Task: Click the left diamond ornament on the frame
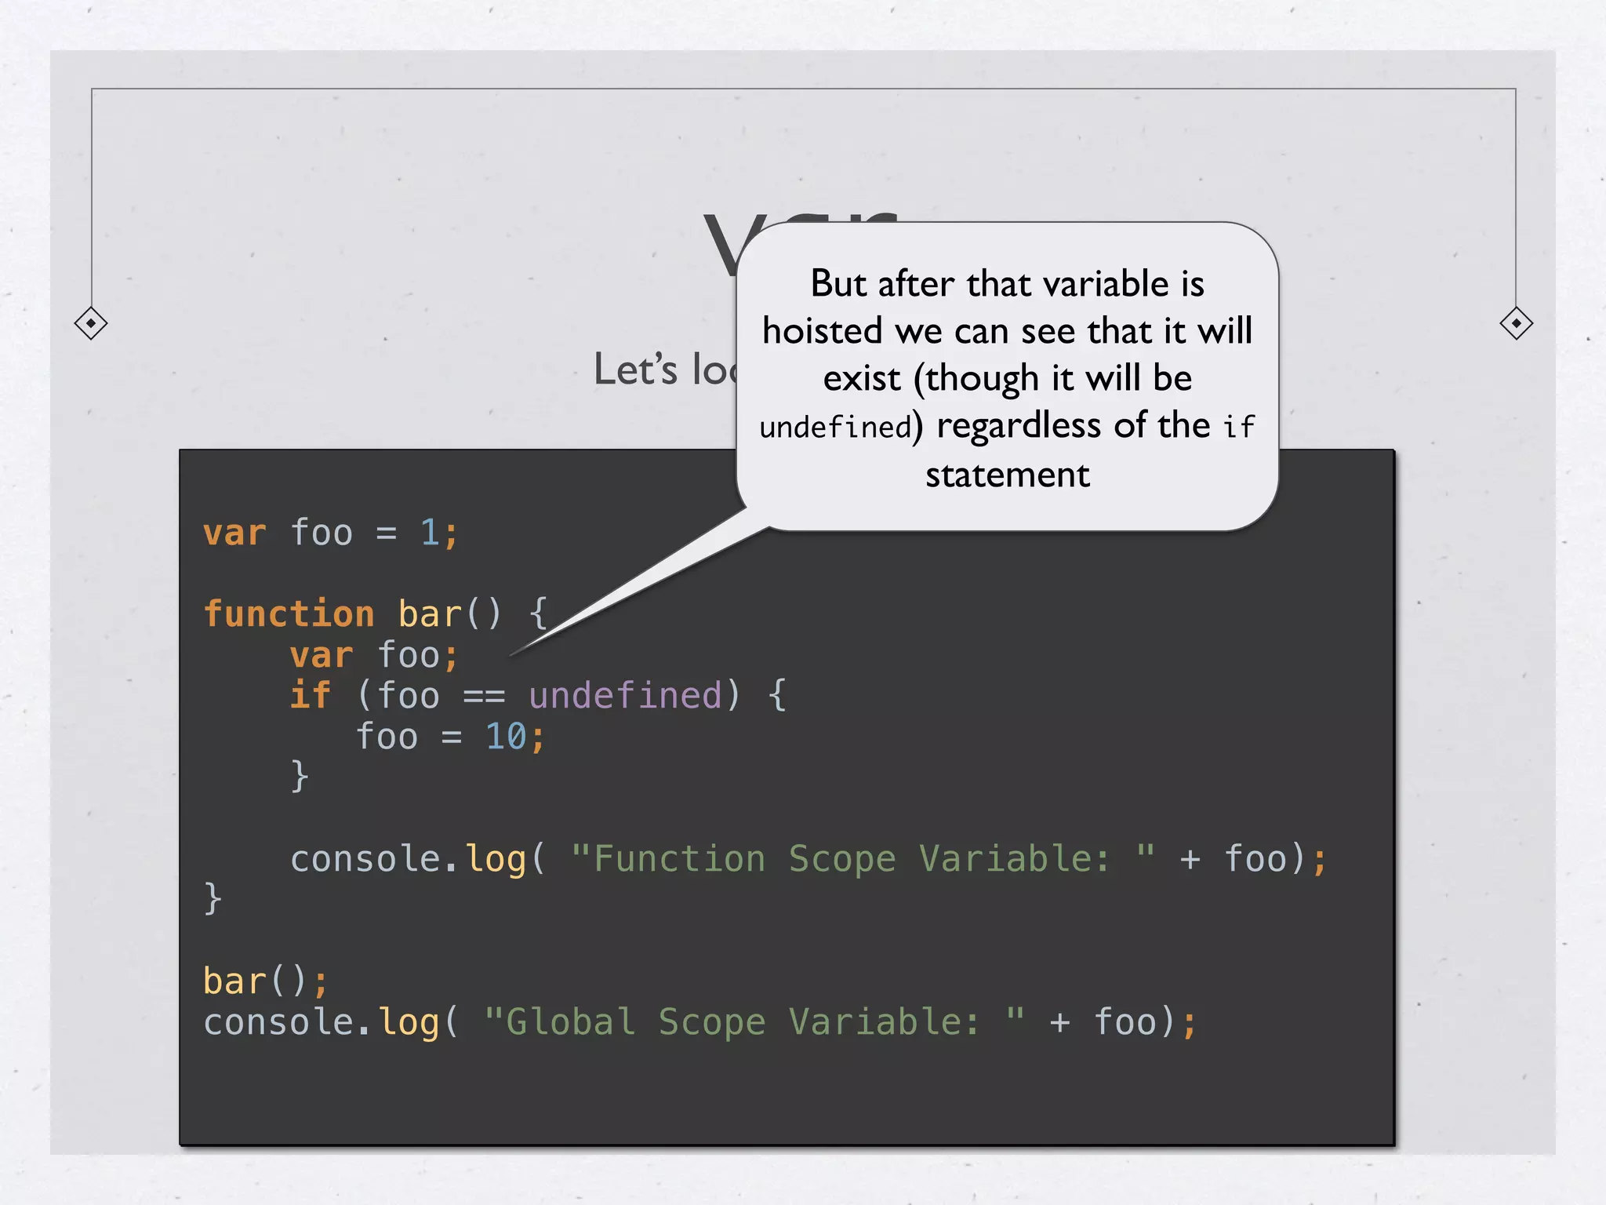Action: click(91, 323)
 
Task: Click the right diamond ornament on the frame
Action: click(1516, 323)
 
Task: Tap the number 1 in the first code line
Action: click(430, 533)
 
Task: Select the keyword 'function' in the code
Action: click(289, 613)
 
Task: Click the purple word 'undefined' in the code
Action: click(625, 696)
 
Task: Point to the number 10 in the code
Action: click(506, 737)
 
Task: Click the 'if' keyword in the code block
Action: click(311, 696)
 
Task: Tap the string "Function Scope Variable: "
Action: click(863, 858)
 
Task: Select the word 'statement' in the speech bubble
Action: click(1008, 475)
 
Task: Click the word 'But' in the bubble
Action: click(838, 283)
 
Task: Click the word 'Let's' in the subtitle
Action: click(634, 370)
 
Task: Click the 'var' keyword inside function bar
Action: click(322, 655)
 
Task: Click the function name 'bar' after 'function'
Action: click(430, 613)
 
